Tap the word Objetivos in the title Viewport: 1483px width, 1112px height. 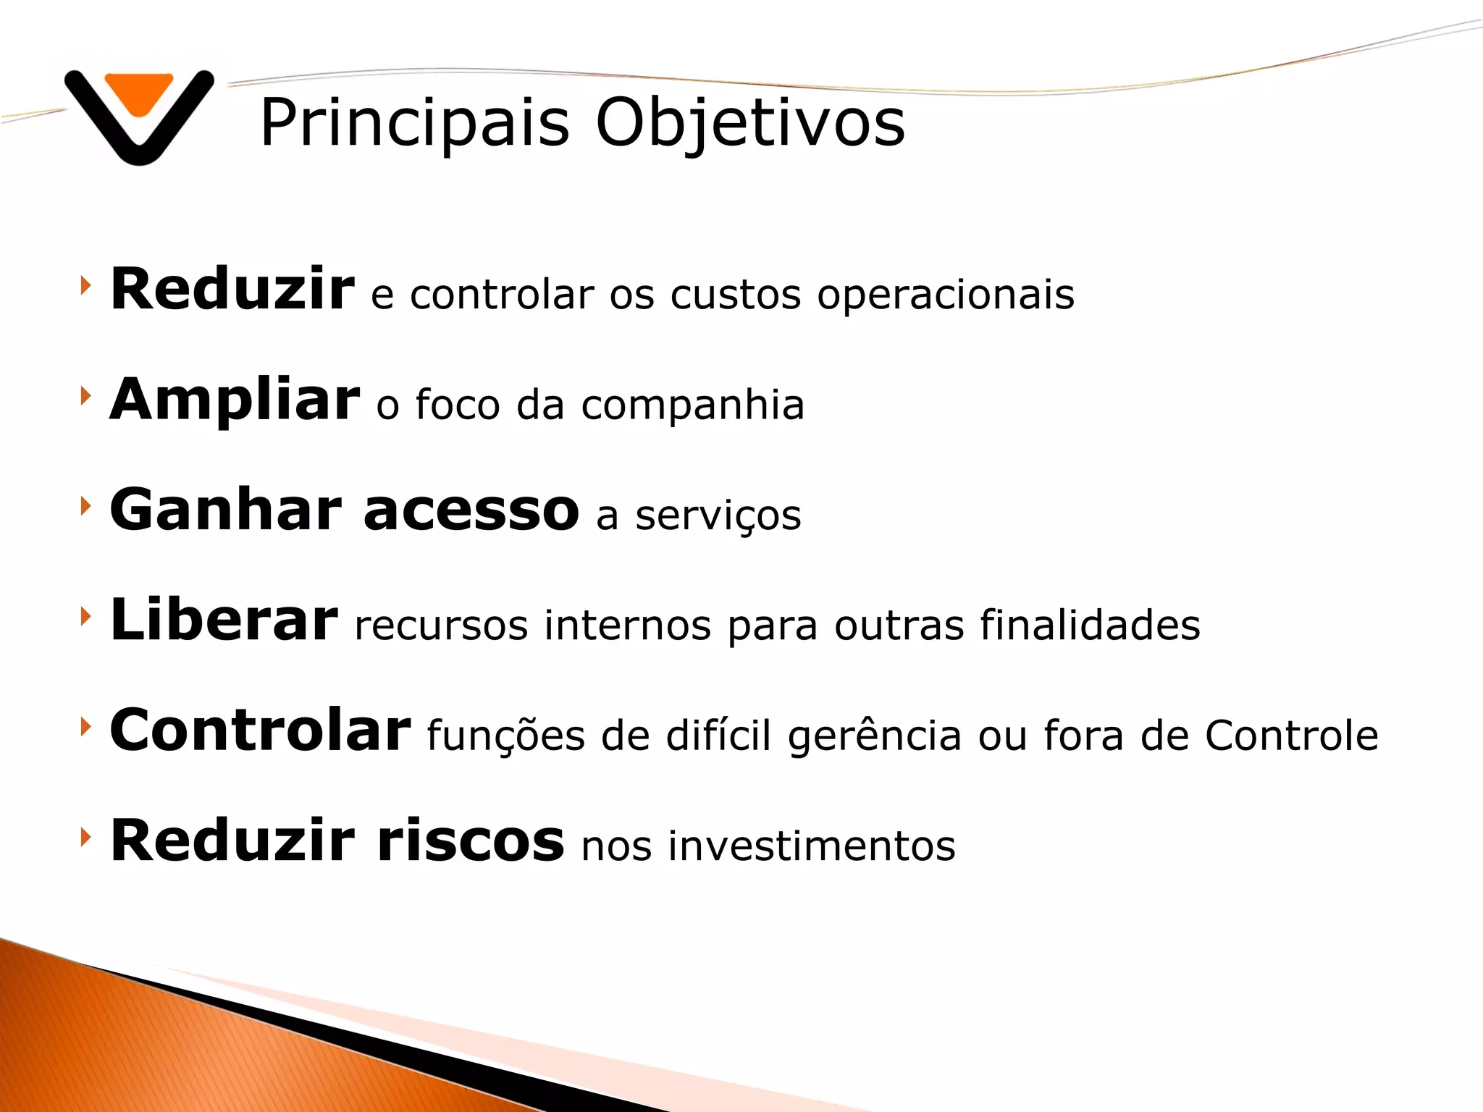click(x=749, y=123)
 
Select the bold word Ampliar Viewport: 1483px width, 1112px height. click(x=234, y=400)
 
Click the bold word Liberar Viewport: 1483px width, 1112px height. click(x=223, y=620)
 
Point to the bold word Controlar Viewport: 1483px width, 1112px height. click(x=259, y=730)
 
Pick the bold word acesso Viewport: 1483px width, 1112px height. click(x=471, y=510)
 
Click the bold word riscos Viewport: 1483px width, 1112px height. click(x=470, y=841)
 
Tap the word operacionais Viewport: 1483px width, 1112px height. click(x=945, y=295)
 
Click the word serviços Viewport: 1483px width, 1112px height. click(x=718, y=516)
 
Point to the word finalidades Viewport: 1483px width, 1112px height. click(x=1090, y=625)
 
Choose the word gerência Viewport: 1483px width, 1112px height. click(x=874, y=736)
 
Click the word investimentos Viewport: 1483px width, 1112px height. click(x=811, y=846)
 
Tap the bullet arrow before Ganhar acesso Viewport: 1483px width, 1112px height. click(x=85, y=506)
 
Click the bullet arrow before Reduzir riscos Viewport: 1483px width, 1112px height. click(x=85, y=837)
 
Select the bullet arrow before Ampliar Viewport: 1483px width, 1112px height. click(x=85, y=395)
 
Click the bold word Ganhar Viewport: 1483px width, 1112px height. click(x=225, y=510)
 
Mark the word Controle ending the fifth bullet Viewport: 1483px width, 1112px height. click(x=1291, y=736)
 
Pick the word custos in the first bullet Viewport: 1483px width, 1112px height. click(x=735, y=295)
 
